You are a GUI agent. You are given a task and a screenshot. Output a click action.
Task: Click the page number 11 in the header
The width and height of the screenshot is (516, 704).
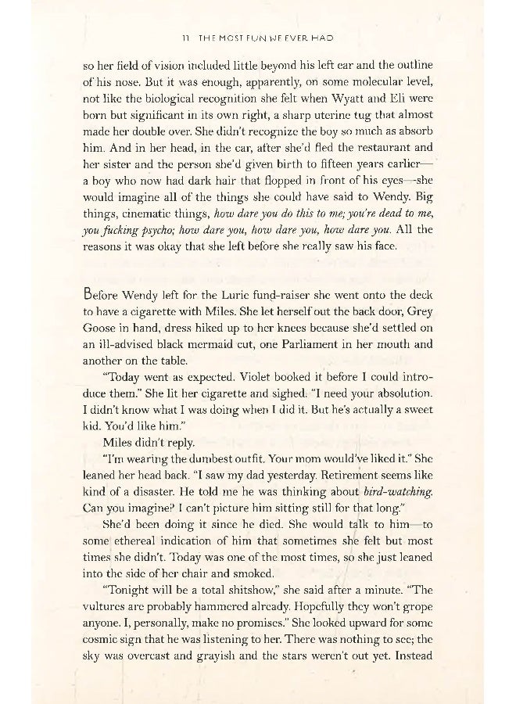[181, 38]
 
